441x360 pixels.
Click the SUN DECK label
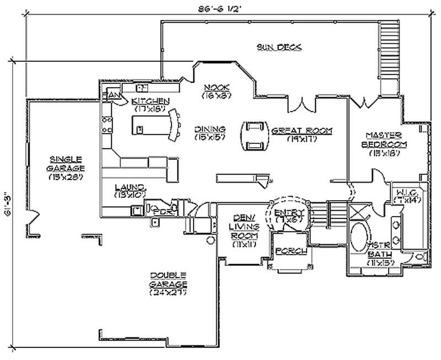pyautogui.click(x=279, y=47)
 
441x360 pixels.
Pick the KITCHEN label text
pyautogui.click(x=150, y=101)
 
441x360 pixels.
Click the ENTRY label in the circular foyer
pyautogui.click(x=289, y=212)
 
